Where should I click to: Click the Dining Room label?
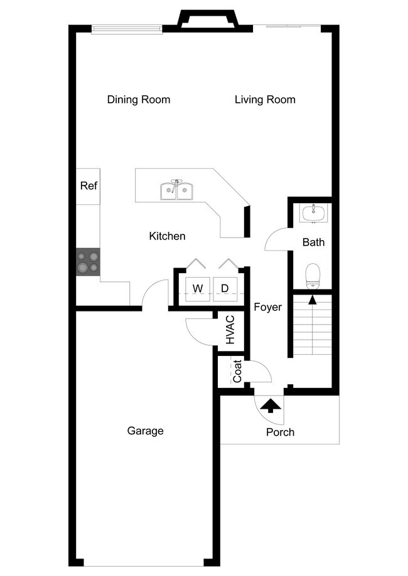(138, 100)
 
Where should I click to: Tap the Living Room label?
(265, 100)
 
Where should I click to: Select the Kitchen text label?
(167, 236)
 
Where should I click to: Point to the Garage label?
(145, 431)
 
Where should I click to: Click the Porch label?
(280, 432)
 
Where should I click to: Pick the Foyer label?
(267, 307)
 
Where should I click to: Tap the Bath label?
(313, 242)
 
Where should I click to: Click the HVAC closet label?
(230, 330)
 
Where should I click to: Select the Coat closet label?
(237, 372)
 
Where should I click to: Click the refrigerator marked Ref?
(89, 186)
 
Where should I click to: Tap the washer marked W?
(198, 288)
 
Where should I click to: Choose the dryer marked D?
(225, 288)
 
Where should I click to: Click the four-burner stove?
(88, 262)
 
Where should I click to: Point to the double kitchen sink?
(176, 191)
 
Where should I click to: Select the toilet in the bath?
(313, 276)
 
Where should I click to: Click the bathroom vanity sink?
(313, 213)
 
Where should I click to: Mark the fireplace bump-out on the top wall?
(208, 19)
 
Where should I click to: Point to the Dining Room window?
(127, 29)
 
